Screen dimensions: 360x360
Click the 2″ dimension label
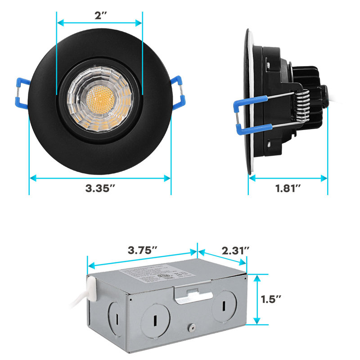click(99, 15)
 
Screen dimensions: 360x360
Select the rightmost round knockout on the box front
click(223, 308)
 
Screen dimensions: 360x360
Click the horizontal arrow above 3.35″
click(100, 179)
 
